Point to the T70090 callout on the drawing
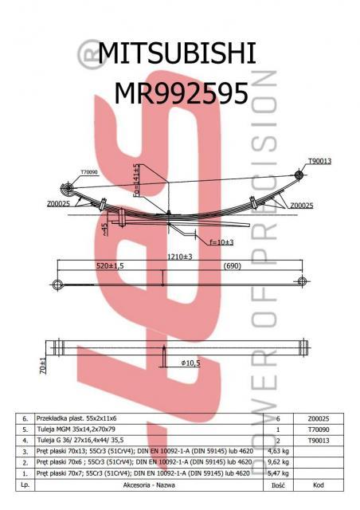pyautogui.click(x=89, y=171)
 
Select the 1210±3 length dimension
pyautogui.click(x=180, y=257)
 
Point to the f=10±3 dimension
pyautogui.click(x=221, y=241)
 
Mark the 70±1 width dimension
pyautogui.click(x=43, y=367)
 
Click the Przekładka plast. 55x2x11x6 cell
pyautogui.click(x=77, y=418)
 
